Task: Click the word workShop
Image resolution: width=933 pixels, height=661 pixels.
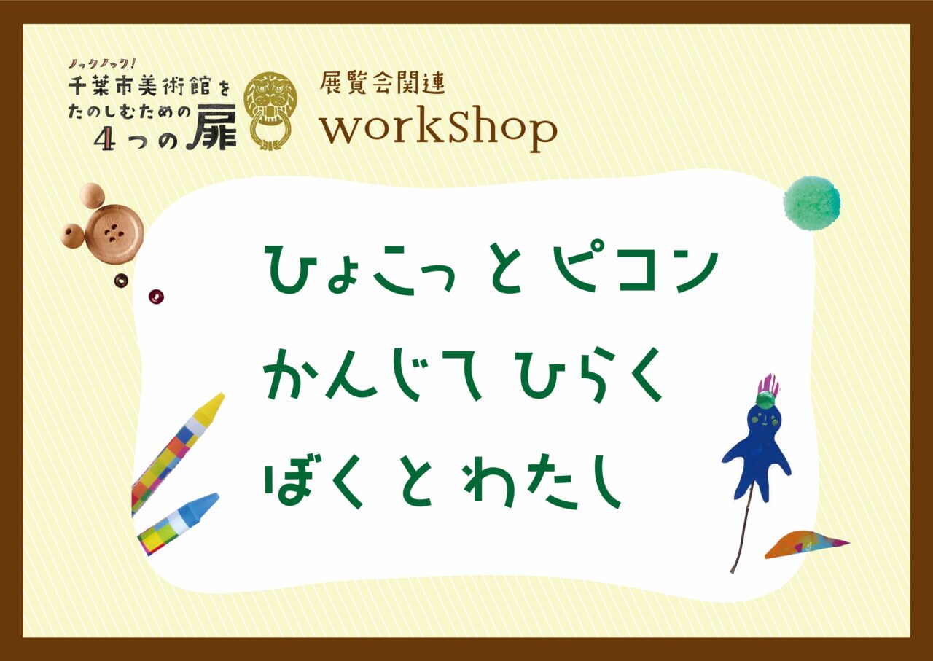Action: click(x=439, y=128)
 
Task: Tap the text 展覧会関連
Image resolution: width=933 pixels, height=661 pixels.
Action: click(x=383, y=83)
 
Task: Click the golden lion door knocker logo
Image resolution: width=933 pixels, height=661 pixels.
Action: click(x=270, y=111)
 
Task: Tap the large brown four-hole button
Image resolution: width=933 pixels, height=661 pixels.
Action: click(x=114, y=232)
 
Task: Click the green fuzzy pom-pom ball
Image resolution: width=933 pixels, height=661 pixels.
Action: click(x=812, y=203)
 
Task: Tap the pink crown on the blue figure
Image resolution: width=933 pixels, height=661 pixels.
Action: click(x=770, y=386)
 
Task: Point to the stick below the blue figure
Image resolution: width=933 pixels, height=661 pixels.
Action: click(x=742, y=536)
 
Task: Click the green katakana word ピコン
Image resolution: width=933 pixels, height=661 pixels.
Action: click(x=634, y=267)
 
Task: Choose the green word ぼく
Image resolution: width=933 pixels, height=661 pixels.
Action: click(x=315, y=482)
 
